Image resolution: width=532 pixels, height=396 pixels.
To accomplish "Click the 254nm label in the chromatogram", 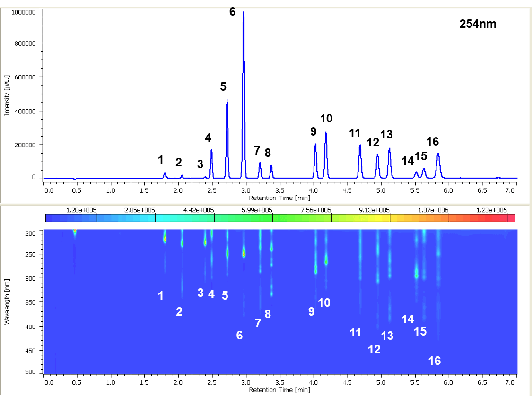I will point(478,24).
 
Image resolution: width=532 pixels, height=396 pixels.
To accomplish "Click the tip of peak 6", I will point(244,12).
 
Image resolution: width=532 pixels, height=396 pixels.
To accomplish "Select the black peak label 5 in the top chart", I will point(223,86).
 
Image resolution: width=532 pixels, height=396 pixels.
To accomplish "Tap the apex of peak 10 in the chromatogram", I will point(326,133).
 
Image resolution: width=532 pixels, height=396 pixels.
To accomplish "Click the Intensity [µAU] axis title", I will point(7,95).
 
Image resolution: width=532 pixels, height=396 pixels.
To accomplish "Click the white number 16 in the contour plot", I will point(434,361).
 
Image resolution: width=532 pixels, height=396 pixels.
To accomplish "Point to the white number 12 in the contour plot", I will point(374,350).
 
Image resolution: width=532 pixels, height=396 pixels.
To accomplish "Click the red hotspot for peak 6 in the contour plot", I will point(244,253).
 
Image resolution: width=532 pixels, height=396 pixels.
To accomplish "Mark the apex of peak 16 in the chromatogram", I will point(438,154).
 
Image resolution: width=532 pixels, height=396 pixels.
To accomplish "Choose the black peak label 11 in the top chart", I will point(355,133).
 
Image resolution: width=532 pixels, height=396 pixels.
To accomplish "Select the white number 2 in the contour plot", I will point(179,311).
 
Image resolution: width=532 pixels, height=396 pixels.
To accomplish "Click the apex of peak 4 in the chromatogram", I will point(211,150).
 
